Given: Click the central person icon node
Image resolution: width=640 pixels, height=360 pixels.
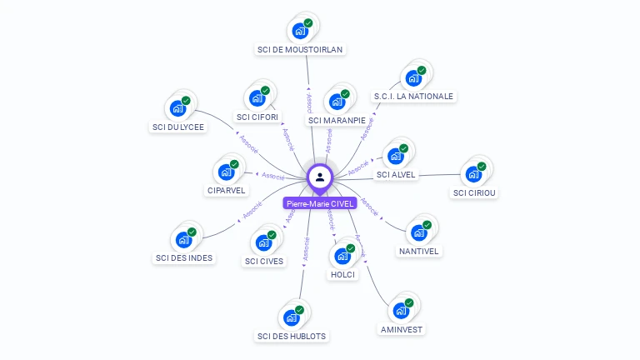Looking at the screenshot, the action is tap(320, 177).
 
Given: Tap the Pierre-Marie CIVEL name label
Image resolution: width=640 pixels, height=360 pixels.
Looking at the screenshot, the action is tap(320, 203).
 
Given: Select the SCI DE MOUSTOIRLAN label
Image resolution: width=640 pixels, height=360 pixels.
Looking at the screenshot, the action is tap(300, 49).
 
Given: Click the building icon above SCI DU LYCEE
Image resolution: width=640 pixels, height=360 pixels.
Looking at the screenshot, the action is tap(177, 108).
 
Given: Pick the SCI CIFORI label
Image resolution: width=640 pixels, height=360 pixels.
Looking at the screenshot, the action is tap(257, 117).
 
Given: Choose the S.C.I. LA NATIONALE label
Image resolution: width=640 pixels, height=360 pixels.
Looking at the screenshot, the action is tap(413, 96).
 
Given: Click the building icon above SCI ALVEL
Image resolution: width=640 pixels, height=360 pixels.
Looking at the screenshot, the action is tap(396, 157).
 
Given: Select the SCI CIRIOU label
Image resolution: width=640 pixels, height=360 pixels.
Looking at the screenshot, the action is tap(474, 193).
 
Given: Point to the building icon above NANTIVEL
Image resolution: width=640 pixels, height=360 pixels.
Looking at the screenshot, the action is tap(419, 232).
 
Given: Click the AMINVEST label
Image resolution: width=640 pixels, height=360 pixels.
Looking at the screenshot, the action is tap(402, 329).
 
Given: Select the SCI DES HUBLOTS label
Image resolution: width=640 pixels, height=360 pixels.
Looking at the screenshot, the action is tap(292, 336).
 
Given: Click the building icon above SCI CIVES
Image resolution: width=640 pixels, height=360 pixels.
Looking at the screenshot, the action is tap(264, 243).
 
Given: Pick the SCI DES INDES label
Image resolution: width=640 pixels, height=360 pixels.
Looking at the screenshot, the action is tap(184, 257).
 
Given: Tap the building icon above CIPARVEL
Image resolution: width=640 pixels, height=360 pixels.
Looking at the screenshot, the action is tap(226, 172).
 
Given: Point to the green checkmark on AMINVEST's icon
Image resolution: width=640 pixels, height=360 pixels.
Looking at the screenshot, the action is tap(409, 303).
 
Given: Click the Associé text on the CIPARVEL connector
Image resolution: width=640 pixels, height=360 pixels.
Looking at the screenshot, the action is tap(273, 176).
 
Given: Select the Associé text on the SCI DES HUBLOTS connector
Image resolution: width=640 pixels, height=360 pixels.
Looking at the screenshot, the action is tap(307, 249).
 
